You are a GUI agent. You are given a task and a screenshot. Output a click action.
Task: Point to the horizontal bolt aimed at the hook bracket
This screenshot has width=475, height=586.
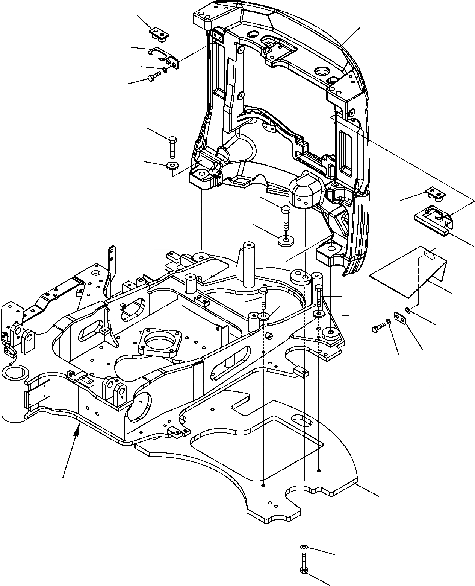(x=153, y=77)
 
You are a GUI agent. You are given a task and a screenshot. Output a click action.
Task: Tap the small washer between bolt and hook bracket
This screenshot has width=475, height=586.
(x=165, y=70)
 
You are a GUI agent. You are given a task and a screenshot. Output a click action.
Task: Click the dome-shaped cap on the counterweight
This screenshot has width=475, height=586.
(x=304, y=192)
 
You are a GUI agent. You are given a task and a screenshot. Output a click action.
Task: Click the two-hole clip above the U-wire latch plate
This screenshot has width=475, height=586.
(x=436, y=193)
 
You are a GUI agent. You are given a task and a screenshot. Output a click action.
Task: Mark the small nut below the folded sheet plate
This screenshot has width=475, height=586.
(x=408, y=310)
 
